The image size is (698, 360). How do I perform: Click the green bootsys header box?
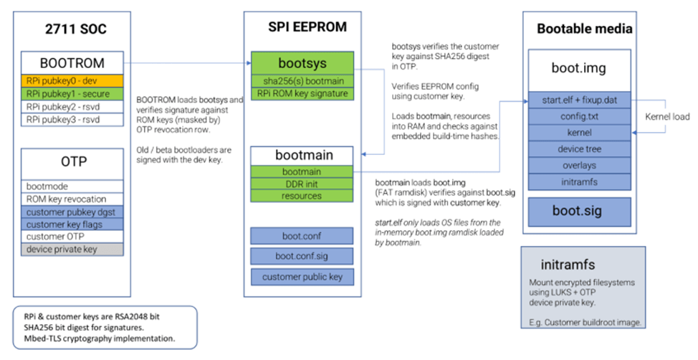[x=302, y=62]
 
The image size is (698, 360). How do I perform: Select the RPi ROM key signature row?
[x=302, y=93]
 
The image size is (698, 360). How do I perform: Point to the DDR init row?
[x=302, y=184]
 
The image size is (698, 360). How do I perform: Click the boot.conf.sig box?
[x=302, y=256]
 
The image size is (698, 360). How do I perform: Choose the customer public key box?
[x=302, y=277]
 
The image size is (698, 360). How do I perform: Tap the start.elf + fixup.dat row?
[x=580, y=100]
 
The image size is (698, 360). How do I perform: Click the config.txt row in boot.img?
[x=580, y=116]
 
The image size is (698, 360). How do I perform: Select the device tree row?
[x=580, y=150]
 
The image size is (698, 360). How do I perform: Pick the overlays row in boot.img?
[x=580, y=166]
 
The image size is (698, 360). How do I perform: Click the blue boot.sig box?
[x=580, y=212]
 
